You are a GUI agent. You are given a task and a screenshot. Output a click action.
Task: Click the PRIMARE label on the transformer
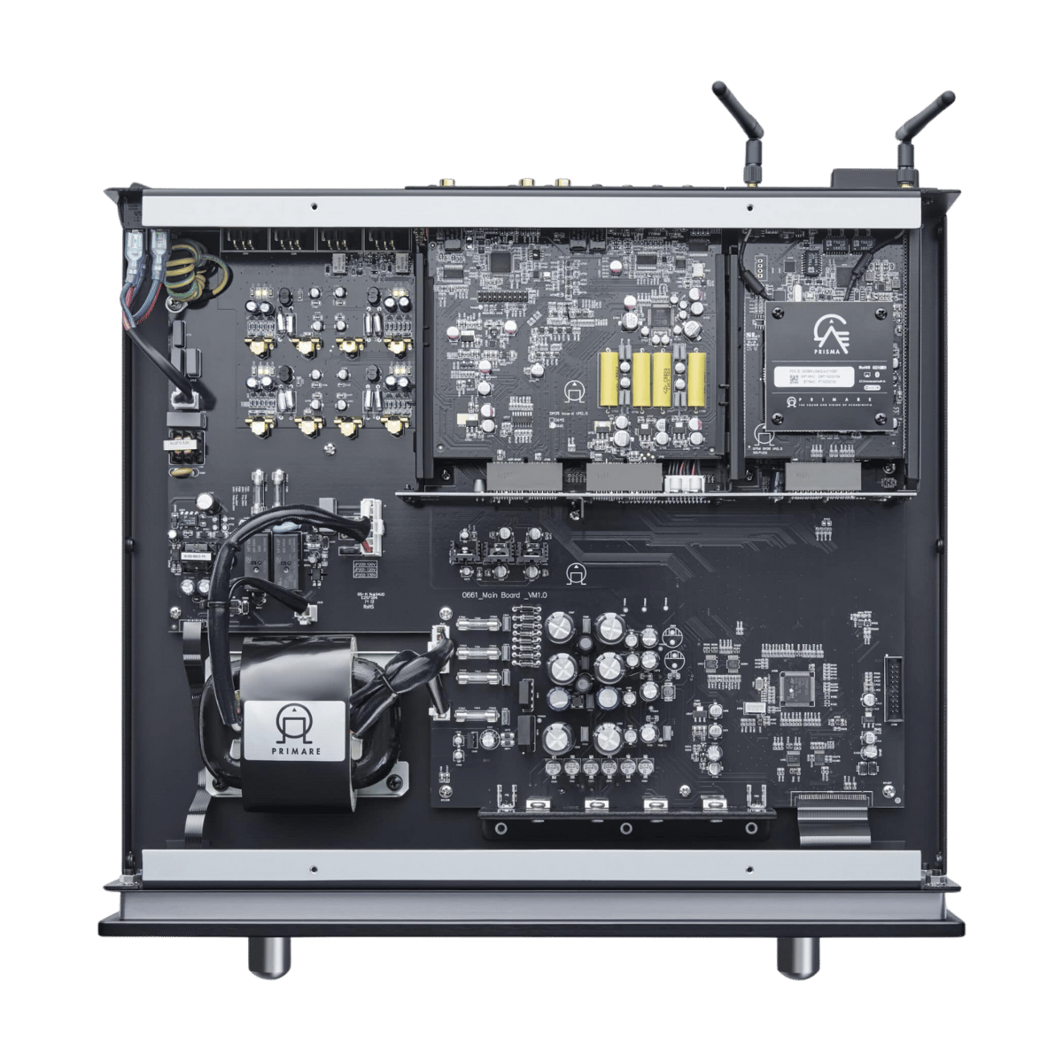coord(298,730)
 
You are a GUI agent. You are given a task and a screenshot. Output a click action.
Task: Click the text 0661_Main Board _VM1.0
coord(504,596)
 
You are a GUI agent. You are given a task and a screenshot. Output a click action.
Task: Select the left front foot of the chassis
coord(268,957)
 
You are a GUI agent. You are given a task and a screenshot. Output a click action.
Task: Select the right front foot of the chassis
coord(797,957)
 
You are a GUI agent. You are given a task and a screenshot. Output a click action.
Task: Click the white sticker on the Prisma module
coord(829,377)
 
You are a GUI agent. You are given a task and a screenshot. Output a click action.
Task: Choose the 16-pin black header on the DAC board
coord(500,294)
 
